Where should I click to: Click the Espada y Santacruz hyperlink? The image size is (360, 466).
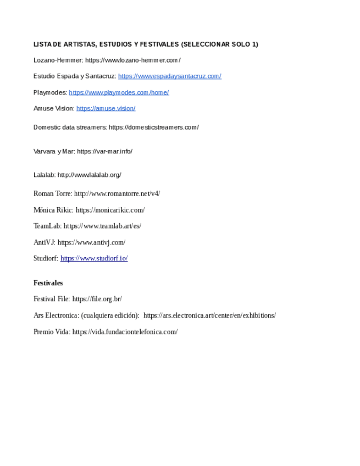169,76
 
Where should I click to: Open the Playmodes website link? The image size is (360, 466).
119,92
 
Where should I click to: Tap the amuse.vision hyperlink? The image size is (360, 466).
106,108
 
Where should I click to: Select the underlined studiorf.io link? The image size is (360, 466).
94,258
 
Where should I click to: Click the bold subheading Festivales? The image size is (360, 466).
48,283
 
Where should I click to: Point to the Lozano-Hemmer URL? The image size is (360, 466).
133,60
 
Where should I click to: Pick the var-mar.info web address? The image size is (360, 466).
104,151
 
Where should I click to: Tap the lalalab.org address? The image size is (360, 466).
89,175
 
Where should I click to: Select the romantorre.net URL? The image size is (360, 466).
117,193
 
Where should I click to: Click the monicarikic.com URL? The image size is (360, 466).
110,210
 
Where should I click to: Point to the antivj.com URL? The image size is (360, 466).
91,242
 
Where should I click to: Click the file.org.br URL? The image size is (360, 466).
97,299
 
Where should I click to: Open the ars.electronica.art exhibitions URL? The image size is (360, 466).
209,315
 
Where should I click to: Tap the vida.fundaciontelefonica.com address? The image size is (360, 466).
125,332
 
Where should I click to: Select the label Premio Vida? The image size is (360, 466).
51,332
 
